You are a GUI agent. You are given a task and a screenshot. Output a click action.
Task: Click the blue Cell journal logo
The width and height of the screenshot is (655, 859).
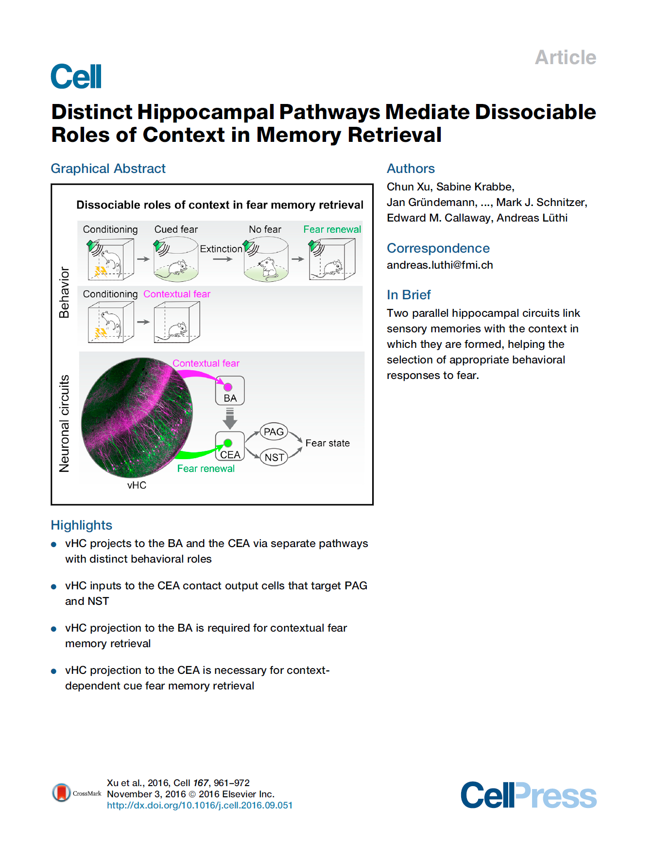click(x=76, y=76)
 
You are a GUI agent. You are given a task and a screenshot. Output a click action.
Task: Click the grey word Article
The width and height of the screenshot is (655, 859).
click(x=565, y=57)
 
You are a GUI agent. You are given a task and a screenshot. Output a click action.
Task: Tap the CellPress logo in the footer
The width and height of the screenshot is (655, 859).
click(x=528, y=795)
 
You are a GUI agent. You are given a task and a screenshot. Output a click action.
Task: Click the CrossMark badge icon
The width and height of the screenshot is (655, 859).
click(x=62, y=793)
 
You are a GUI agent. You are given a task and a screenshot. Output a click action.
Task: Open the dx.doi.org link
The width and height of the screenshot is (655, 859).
click(x=200, y=806)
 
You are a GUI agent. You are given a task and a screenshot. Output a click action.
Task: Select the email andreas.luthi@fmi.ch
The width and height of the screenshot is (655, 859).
click(x=440, y=265)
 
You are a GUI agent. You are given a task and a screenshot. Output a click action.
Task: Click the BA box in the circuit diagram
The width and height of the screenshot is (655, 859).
click(x=230, y=391)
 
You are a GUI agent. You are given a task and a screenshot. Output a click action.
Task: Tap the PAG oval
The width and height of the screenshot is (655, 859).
click(x=274, y=432)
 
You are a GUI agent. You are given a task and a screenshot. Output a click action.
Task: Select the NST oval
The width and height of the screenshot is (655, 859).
click(x=274, y=457)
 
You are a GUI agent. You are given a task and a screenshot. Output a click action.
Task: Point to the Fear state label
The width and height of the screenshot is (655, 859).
click(x=327, y=443)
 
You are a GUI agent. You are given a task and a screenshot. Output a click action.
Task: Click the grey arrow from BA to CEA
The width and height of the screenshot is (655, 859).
click(x=230, y=418)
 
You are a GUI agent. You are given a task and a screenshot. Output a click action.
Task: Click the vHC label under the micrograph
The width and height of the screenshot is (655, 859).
click(x=137, y=485)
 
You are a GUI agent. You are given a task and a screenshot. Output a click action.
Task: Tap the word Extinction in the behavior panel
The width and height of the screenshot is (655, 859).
click(x=221, y=249)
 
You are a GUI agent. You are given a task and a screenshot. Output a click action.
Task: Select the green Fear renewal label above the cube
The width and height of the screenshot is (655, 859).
click(x=332, y=229)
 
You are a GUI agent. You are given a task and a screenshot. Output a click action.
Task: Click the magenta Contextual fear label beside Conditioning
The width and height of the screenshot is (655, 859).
click(x=177, y=294)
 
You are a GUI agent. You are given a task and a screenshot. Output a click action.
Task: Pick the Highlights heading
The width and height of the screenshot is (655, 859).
click(x=82, y=525)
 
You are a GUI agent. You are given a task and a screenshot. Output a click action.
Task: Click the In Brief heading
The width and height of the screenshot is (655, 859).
click(x=409, y=295)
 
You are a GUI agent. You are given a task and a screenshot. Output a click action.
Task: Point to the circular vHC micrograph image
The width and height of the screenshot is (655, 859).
click(x=137, y=417)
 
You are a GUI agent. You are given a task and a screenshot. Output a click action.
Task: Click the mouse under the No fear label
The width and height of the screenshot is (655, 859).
click(x=267, y=268)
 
